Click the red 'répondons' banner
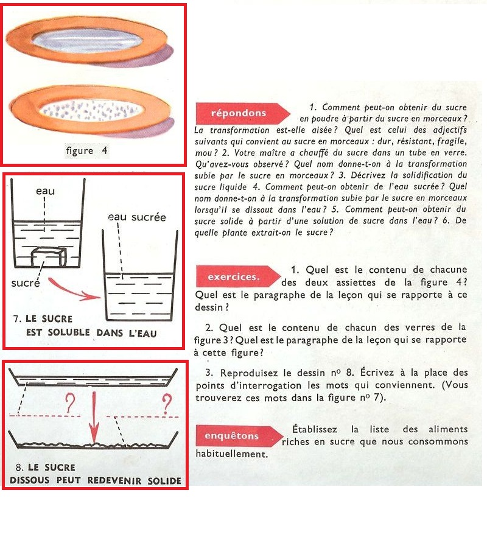pyautogui.click(x=239, y=113)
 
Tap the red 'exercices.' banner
pyautogui.click(x=234, y=276)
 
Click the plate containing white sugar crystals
pyautogui.click(x=91, y=111)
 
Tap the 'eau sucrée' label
pyautogui.click(x=137, y=217)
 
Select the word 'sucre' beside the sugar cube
pyautogui.click(x=26, y=283)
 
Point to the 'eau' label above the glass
pyautogui.click(x=44, y=191)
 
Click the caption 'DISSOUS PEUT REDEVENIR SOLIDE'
pyautogui.click(x=96, y=480)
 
